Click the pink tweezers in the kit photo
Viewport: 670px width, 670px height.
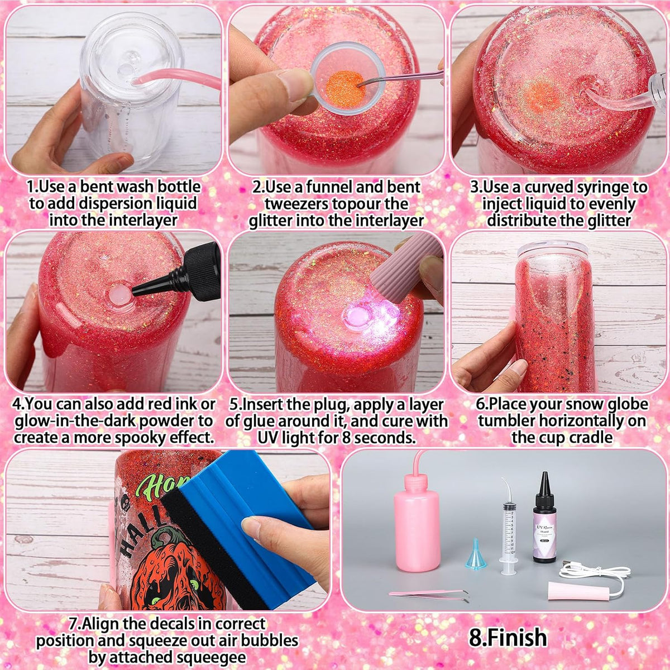coord(429,594)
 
